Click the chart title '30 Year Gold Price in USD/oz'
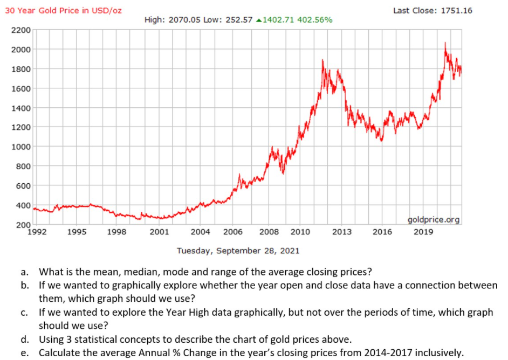pyautogui.click(x=64, y=11)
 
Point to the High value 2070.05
pyautogui.click(x=185, y=20)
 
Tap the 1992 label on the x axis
pyautogui.click(x=37, y=232)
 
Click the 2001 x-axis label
pyautogui.click(x=159, y=232)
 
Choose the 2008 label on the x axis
pyautogui.click(x=269, y=232)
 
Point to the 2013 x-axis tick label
pyautogui.click(x=342, y=232)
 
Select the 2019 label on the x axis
pyautogui.click(x=424, y=232)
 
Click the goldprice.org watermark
pyautogui.click(x=433, y=219)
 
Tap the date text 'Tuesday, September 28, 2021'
pyautogui.click(x=238, y=251)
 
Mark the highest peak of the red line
pyautogui.click(x=445, y=43)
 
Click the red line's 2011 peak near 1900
pyautogui.click(x=322, y=60)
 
